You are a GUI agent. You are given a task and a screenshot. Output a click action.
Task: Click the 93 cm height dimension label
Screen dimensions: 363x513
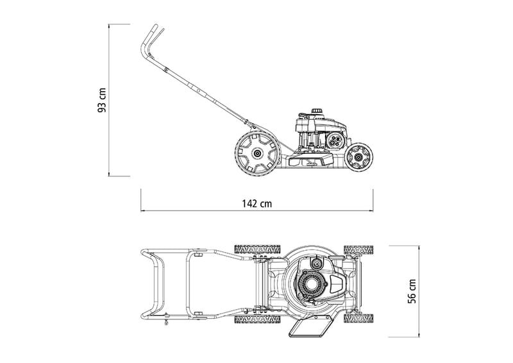pos(101,99)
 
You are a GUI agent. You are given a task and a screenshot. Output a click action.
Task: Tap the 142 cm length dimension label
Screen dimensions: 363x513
pos(256,203)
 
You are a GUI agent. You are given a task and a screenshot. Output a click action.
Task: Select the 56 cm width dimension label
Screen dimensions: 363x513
pos(412,291)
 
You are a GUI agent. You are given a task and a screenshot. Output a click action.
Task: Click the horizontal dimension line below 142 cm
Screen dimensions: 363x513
pos(256,210)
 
